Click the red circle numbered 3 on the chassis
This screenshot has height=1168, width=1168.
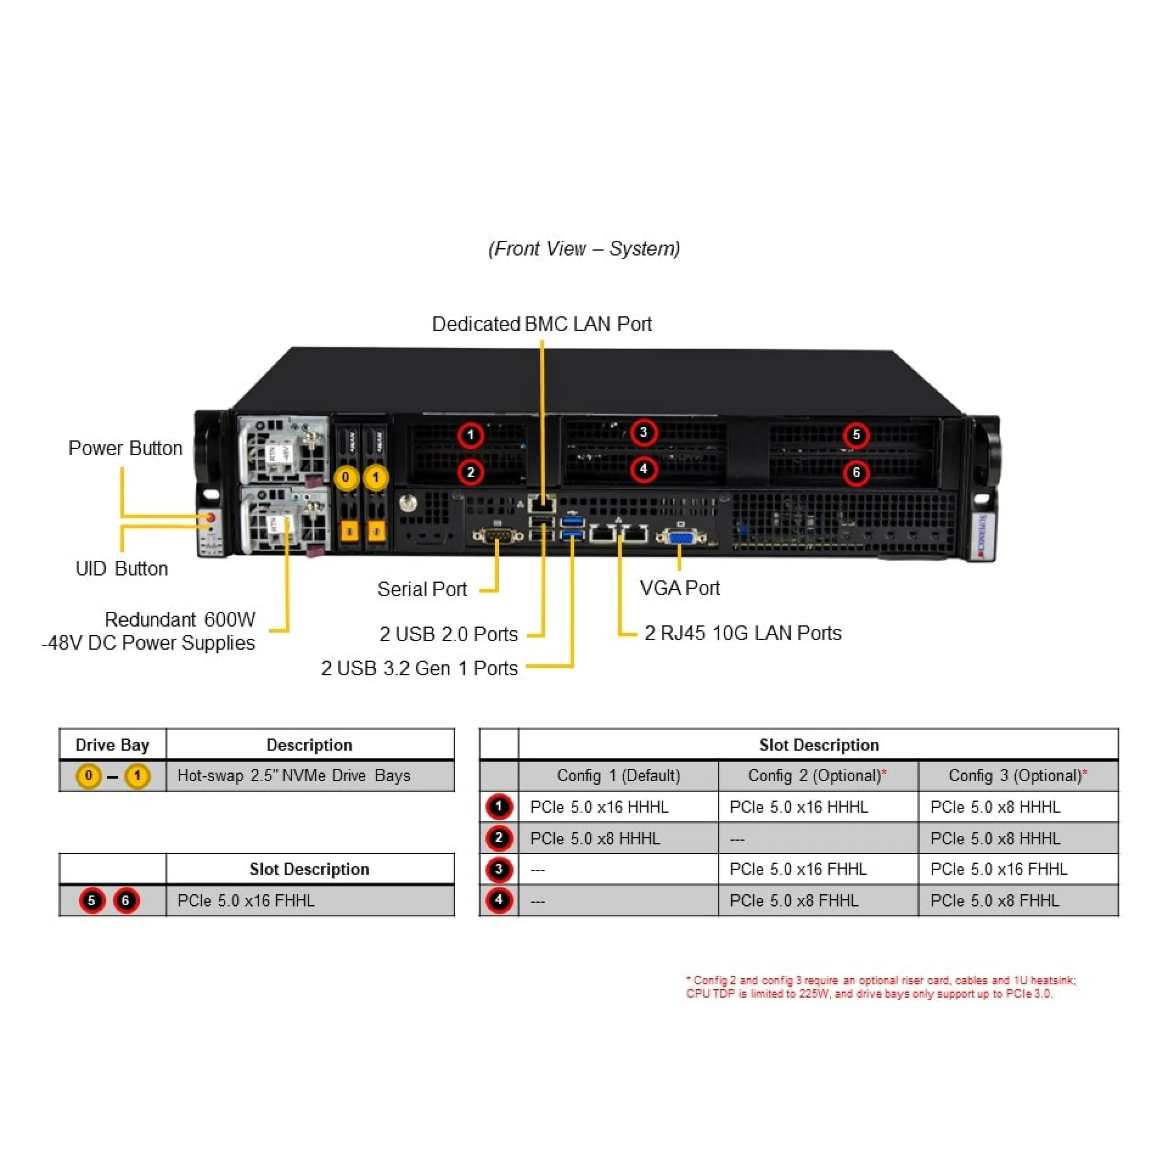643,433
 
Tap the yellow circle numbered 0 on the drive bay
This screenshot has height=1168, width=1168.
346,478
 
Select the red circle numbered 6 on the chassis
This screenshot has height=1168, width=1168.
856,473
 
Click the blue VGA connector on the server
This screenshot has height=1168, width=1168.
681,537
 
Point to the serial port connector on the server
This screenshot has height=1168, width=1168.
498,536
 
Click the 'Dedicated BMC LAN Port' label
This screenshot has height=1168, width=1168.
541,324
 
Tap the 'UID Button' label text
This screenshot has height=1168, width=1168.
122,569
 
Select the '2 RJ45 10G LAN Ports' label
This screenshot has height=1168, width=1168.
743,633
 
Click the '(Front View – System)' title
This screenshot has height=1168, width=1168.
584,249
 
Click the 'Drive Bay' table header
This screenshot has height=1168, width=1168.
113,745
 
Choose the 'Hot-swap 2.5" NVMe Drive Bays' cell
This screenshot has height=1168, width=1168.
294,776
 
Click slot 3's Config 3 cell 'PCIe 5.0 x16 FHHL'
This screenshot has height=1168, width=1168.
999,869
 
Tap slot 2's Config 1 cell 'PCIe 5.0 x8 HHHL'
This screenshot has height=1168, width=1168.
595,839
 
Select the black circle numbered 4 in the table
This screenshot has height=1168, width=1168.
499,900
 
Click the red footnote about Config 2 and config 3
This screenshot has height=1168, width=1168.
881,987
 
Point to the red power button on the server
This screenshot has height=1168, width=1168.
211,518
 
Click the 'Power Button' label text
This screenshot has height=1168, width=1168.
125,448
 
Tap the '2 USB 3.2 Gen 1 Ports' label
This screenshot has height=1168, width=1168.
419,669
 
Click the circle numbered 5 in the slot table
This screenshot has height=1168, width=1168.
92,900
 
